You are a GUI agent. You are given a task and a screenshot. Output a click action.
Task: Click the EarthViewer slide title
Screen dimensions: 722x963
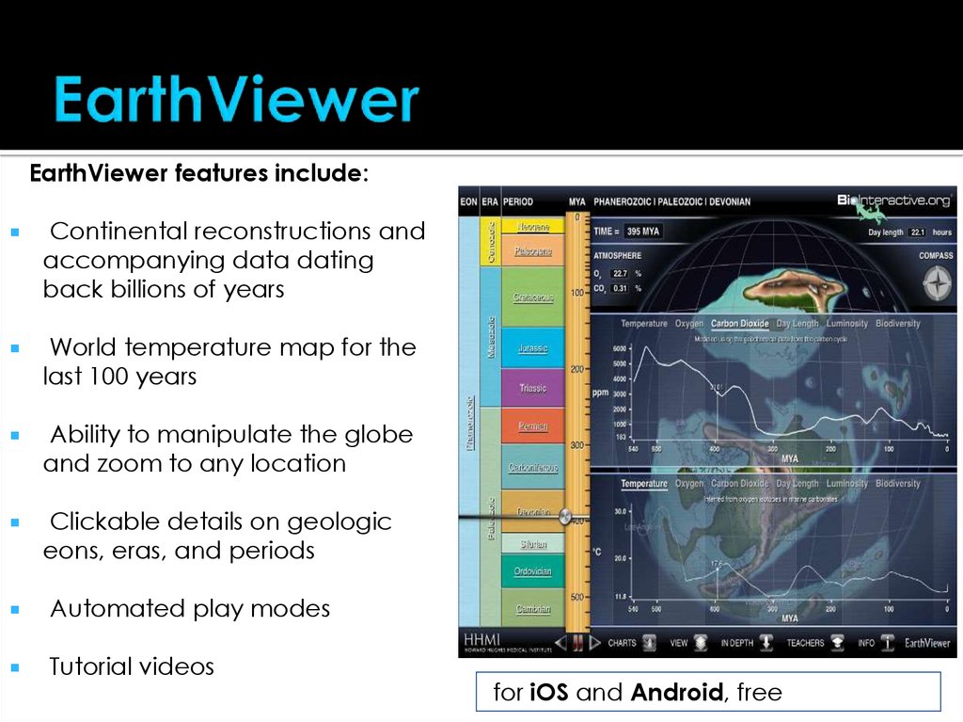[x=236, y=100]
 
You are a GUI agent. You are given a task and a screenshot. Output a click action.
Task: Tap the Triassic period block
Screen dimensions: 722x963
[x=532, y=388]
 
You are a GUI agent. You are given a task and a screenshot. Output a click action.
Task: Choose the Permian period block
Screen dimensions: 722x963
[x=532, y=426]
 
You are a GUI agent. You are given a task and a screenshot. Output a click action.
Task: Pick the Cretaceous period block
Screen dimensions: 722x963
[x=532, y=297]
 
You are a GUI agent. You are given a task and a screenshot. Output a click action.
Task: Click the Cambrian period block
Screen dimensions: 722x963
[x=532, y=609]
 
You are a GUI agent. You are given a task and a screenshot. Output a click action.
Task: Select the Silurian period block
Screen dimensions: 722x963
[x=532, y=544]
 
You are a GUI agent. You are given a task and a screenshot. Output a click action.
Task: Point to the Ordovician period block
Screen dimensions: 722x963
[x=532, y=571]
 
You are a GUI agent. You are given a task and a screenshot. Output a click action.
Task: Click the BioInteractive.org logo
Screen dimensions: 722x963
[x=893, y=201]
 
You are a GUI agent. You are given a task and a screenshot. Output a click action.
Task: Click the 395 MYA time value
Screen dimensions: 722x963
[x=641, y=231]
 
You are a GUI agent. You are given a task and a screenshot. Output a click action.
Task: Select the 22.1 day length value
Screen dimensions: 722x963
[x=918, y=233]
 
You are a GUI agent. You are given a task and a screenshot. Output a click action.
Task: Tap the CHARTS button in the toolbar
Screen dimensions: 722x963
[x=622, y=643]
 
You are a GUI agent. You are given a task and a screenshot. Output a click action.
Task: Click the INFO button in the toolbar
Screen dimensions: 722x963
[x=866, y=643]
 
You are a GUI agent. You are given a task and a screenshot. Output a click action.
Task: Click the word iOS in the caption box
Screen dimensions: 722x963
[x=548, y=693]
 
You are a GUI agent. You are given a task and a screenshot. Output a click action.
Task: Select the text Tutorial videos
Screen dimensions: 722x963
[x=132, y=667]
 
